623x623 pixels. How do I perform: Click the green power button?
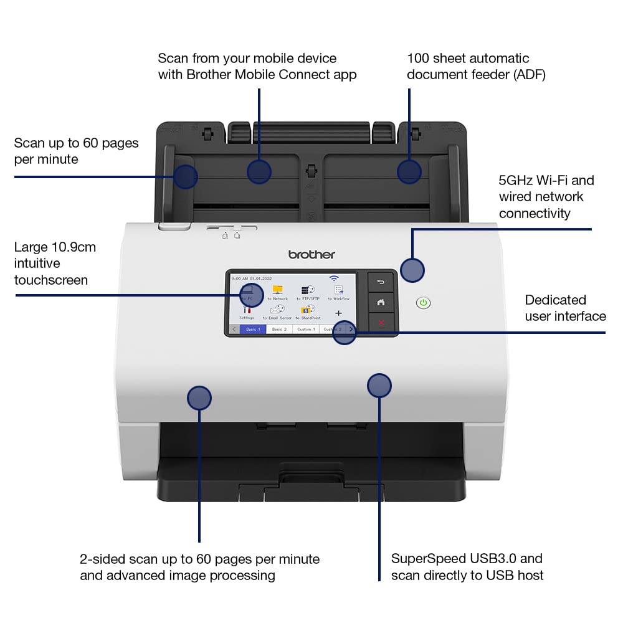pyautogui.click(x=423, y=303)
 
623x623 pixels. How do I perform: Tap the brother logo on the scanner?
pyautogui.click(x=311, y=254)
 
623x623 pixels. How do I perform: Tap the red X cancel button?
pyautogui.click(x=381, y=323)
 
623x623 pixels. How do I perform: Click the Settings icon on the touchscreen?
pyautogui.click(x=247, y=311)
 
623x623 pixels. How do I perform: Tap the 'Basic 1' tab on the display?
pyautogui.click(x=253, y=329)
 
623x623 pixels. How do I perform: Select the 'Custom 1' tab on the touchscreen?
pyautogui.click(x=305, y=329)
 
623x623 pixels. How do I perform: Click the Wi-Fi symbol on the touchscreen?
pyautogui.click(x=335, y=278)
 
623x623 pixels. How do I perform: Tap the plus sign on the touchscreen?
pyautogui.click(x=338, y=313)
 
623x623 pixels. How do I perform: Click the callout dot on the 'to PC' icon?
pyautogui.click(x=252, y=293)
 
